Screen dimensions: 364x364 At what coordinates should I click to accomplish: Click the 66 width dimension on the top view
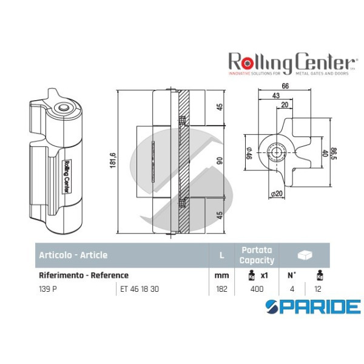click(x=285, y=87)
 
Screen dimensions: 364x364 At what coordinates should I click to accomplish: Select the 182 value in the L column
click(x=222, y=289)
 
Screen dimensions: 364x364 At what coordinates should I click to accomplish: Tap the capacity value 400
click(x=257, y=289)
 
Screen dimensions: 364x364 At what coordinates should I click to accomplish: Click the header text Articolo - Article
click(x=73, y=255)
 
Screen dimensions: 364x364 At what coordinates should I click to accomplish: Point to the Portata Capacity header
click(x=257, y=255)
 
